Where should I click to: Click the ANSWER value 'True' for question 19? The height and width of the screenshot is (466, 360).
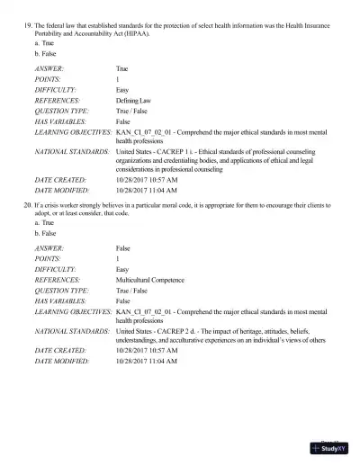coord(122,68)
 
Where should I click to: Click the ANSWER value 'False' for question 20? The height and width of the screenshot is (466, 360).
coord(123,247)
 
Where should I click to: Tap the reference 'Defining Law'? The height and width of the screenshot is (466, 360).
coord(136,100)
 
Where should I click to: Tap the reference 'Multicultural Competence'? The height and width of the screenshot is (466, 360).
coord(155,280)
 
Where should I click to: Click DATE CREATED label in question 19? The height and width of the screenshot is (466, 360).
coord(60,180)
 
